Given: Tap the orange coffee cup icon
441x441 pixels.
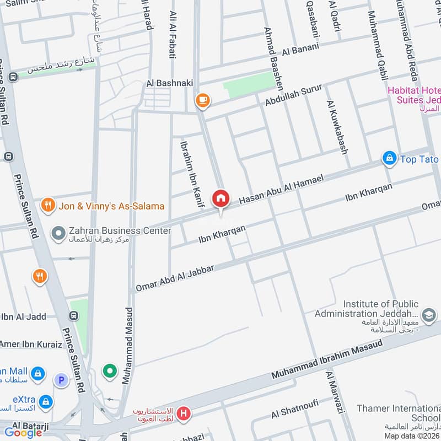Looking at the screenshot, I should click(202, 100).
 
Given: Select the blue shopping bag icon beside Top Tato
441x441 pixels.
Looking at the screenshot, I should click(390, 159).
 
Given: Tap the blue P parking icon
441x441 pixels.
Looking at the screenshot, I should click(61, 379).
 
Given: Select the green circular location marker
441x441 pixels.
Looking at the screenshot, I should click(110, 371).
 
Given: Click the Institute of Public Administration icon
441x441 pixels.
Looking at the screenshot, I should click(430, 314).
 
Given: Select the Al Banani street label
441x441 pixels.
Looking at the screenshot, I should click(300, 50).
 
